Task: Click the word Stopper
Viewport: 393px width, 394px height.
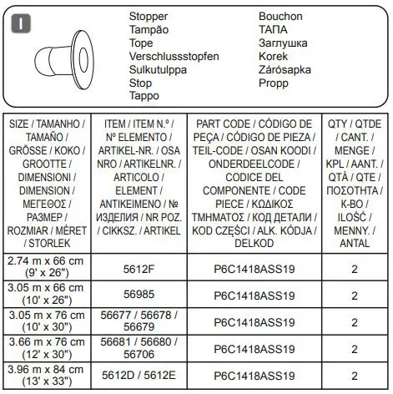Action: point(149,17)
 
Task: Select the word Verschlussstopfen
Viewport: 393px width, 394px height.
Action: point(174,57)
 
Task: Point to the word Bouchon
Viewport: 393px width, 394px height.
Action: point(282,17)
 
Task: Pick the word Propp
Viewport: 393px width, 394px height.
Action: point(275,83)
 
